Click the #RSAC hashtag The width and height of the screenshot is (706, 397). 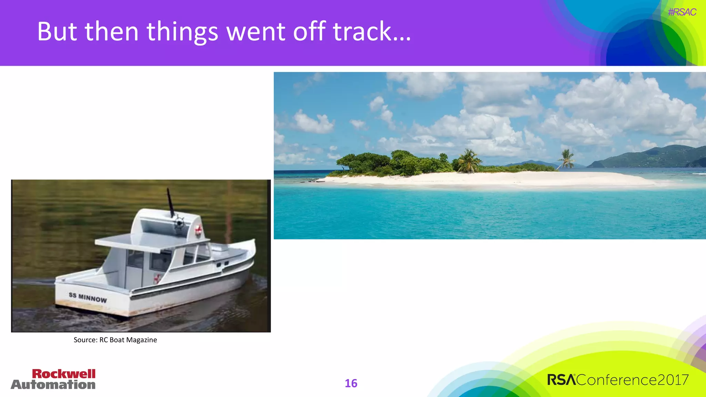pos(682,12)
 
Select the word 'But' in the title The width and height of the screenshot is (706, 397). pos(57,31)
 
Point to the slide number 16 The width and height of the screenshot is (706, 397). pos(351,383)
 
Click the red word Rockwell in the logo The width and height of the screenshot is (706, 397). pos(64,374)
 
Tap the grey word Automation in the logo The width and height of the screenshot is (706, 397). pos(53,385)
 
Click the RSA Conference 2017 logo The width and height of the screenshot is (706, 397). pos(618,380)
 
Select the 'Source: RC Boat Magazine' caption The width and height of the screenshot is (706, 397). pos(115,340)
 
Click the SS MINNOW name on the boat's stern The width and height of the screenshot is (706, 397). pos(88,297)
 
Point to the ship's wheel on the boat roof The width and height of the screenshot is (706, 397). pos(179,223)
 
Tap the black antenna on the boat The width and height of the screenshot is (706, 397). pos(170,203)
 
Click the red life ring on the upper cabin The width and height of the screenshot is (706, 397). pos(198,231)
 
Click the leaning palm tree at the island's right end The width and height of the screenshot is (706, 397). pos(566,159)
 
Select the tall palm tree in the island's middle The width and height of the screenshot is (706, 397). pos(468,160)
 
